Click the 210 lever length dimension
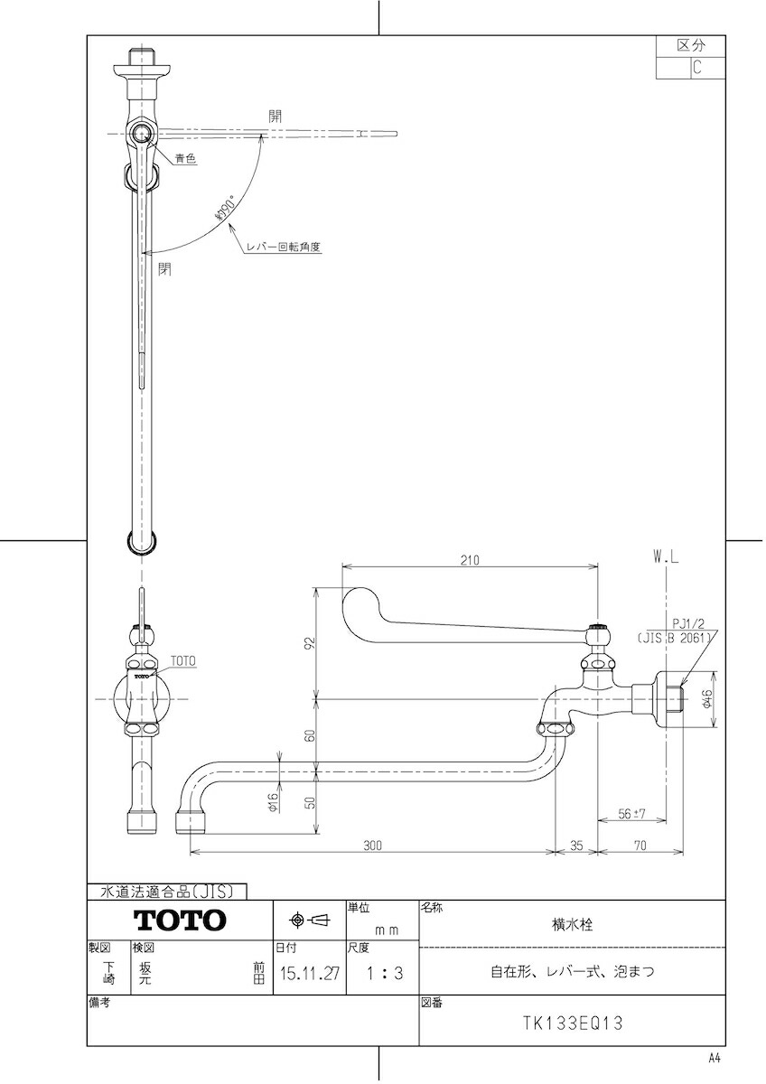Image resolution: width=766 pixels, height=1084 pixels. (x=470, y=560)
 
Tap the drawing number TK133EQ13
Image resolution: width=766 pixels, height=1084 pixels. (x=573, y=1024)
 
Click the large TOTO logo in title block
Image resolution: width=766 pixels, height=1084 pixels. (x=180, y=920)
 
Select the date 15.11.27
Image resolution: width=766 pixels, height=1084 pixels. (x=310, y=974)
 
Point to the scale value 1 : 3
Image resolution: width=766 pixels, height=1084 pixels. (x=383, y=974)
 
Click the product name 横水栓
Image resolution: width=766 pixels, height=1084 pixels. (x=572, y=925)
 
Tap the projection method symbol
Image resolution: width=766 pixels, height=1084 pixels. (x=310, y=920)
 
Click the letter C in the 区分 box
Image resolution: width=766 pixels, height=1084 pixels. (x=697, y=67)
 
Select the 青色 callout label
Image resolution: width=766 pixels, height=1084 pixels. (x=185, y=157)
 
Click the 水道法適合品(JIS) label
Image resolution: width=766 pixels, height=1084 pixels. (x=166, y=892)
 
